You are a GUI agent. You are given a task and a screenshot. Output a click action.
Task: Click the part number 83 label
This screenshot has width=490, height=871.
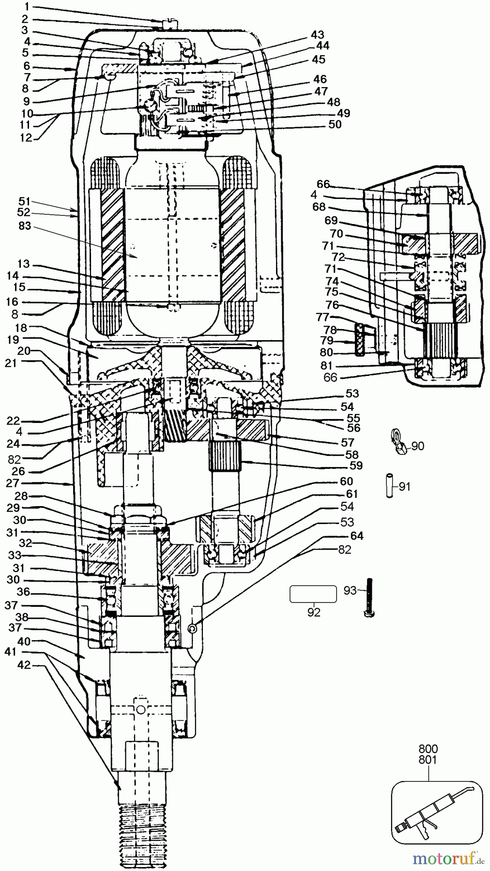coord(24,226)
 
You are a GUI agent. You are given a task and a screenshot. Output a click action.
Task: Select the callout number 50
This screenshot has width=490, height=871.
coord(335,124)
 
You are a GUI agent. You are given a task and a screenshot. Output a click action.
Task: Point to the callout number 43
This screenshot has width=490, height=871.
coord(318,35)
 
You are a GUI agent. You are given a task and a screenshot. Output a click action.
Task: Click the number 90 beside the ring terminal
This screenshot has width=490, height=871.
coord(417,446)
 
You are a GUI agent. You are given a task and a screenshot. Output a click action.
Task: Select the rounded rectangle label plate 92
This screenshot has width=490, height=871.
coord(313,594)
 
